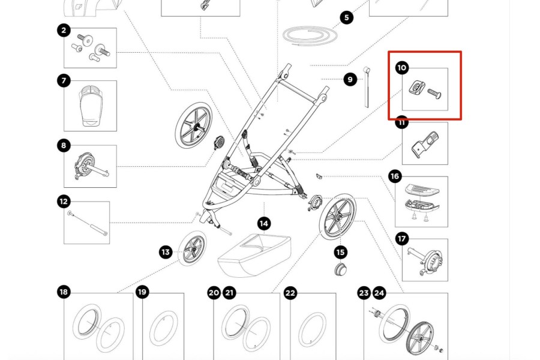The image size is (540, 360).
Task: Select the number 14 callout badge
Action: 264,224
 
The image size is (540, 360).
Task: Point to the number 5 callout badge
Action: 347,18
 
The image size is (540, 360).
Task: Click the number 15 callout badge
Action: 341,253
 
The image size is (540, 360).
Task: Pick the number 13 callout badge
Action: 166,252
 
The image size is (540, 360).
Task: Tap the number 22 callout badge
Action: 290,293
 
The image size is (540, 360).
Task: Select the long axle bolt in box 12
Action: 88,223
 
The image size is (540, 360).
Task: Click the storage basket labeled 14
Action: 253,252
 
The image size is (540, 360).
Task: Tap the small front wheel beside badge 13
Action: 193,247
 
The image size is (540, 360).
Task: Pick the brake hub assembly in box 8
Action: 88,165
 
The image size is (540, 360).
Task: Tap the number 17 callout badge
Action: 402,239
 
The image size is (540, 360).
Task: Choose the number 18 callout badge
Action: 64,292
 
